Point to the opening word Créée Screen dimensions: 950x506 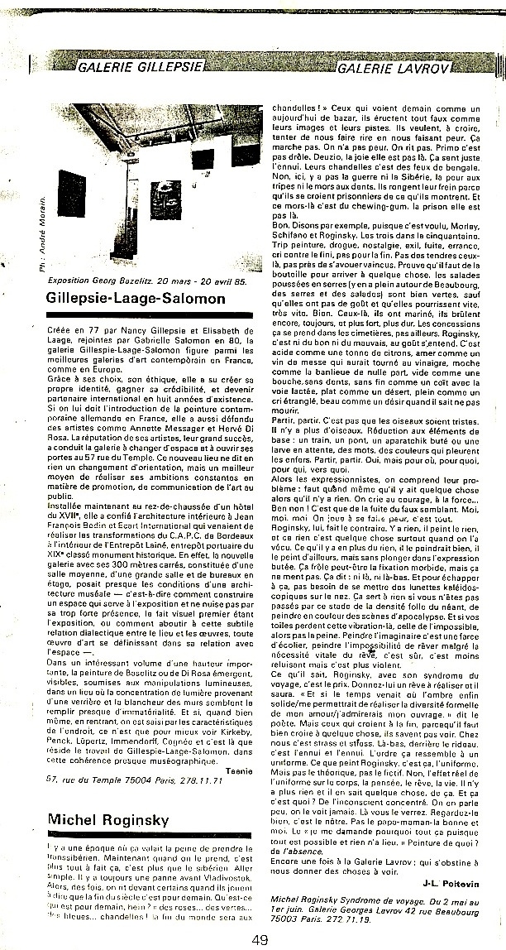[62, 329]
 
